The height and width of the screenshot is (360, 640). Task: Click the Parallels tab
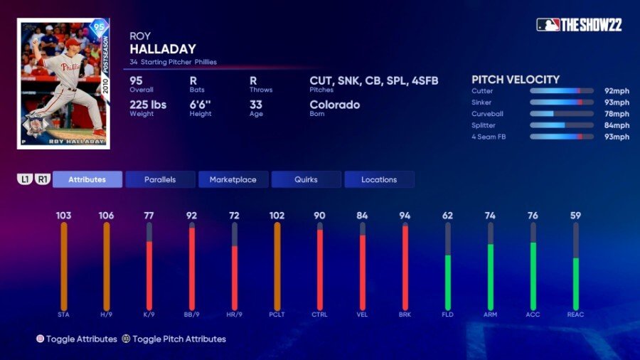tap(160, 179)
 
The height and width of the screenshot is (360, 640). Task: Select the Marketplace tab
tap(233, 179)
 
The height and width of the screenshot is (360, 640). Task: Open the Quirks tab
tap(306, 179)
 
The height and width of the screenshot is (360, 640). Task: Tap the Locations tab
tap(379, 179)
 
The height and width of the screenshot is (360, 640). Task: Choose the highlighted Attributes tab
tap(87, 179)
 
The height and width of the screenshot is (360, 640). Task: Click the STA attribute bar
tap(64, 266)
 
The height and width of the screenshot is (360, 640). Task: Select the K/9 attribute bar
tap(149, 275)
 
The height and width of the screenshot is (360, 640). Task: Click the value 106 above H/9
tap(107, 216)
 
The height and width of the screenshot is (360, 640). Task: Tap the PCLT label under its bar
tap(277, 314)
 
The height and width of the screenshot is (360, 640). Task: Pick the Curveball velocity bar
tap(562, 114)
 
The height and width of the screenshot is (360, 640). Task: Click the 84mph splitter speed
tap(617, 125)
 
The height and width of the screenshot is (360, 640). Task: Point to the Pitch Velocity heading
tap(516, 80)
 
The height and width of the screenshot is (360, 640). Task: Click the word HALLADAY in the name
tap(164, 48)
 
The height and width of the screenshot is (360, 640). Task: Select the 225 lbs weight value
tap(148, 105)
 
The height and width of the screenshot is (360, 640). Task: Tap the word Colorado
tap(335, 105)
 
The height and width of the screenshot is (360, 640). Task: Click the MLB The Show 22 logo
tap(579, 25)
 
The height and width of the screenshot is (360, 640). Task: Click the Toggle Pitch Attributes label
tap(178, 339)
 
